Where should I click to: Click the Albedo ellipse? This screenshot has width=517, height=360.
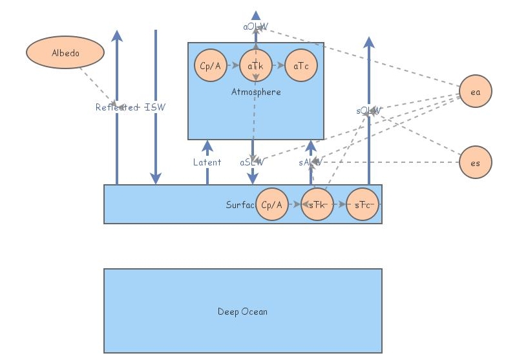coord(65,53)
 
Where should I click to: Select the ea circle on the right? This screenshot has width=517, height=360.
coord(476,92)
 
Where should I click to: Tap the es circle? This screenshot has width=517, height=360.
coord(476,163)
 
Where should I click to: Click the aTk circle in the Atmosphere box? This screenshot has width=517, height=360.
coord(256,66)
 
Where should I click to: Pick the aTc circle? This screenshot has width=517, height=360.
coord(301,66)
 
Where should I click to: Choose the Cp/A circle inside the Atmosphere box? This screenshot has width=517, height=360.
coord(211,66)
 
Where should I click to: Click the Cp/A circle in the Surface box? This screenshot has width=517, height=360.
coord(272,204)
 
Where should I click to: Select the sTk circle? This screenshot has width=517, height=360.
coord(317,204)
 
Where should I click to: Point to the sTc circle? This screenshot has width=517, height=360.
coord(363,204)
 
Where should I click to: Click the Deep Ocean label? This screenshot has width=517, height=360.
coord(242,312)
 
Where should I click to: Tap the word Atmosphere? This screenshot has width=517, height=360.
coord(256,92)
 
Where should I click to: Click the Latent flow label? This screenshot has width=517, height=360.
coord(207,162)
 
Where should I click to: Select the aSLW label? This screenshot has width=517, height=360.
coord(252,162)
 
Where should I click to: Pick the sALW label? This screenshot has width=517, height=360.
coord(310,162)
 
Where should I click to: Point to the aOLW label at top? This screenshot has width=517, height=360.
coord(256,26)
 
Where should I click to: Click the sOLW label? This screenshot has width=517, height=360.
coord(369,111)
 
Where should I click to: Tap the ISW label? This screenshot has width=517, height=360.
coord(155,107)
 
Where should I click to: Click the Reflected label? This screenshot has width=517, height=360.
coord(117,107)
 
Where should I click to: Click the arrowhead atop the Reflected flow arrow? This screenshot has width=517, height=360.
coord(117,36)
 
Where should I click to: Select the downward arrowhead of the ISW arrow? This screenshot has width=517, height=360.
coord(155,178)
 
